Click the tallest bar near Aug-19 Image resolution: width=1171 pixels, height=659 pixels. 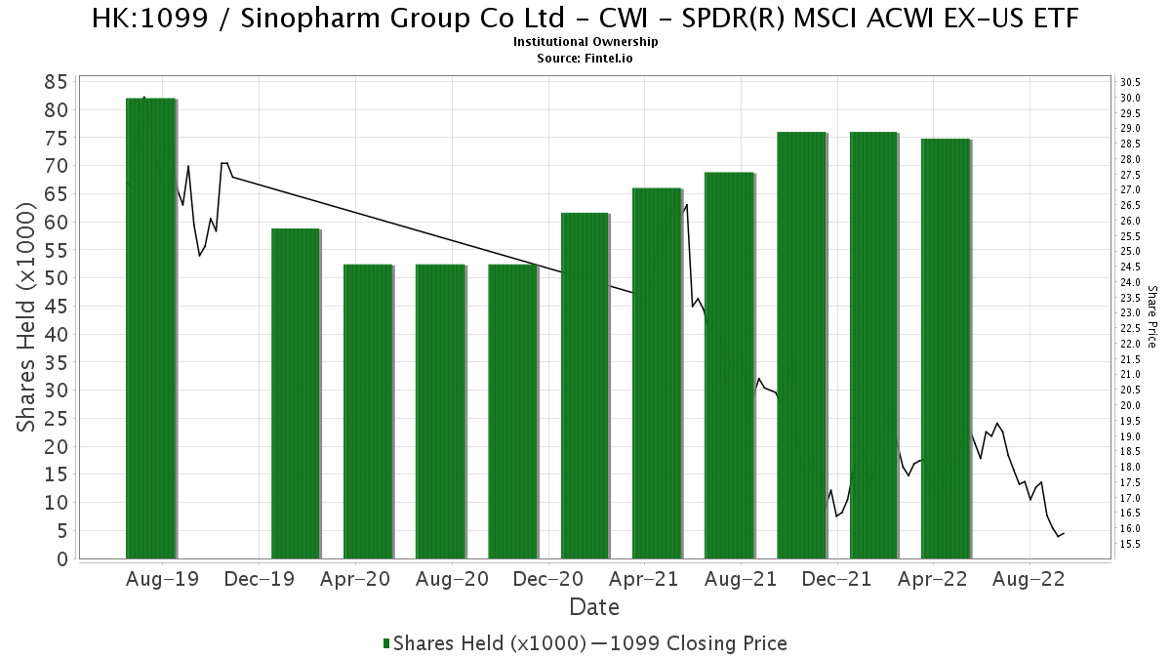coord(150,328)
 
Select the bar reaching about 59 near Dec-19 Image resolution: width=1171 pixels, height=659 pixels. coord(296,393)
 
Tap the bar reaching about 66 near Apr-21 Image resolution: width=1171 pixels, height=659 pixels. coord(657,373)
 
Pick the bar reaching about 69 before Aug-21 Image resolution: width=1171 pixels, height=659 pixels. coord(729,365)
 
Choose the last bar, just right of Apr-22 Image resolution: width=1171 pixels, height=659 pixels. coord(946,349)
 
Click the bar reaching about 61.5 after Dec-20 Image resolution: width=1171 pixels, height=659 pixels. coord(585,386)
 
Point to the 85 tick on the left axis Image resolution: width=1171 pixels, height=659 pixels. coord(56,82)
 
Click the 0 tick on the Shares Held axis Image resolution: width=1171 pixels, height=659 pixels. coord(62,559)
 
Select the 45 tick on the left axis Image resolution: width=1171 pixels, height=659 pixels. coord(56,307)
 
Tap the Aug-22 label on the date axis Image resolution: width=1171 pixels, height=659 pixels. coord(1029,579)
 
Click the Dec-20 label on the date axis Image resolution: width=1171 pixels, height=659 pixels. coord(547,579)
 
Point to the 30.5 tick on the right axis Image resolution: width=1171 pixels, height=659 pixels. coord(1130,82)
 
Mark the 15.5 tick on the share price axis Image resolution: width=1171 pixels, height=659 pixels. coord(1130,544)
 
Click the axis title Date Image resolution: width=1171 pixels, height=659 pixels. coord(594,607)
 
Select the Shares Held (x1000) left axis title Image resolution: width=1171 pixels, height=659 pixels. coord(26,317)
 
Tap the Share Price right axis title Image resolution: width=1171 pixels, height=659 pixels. coord(1152,317)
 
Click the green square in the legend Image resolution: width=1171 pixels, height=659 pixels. coord(386,643)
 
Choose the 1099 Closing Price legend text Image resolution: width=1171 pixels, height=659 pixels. coord(699,643)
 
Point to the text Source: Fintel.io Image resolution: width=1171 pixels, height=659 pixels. coord(585,58)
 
